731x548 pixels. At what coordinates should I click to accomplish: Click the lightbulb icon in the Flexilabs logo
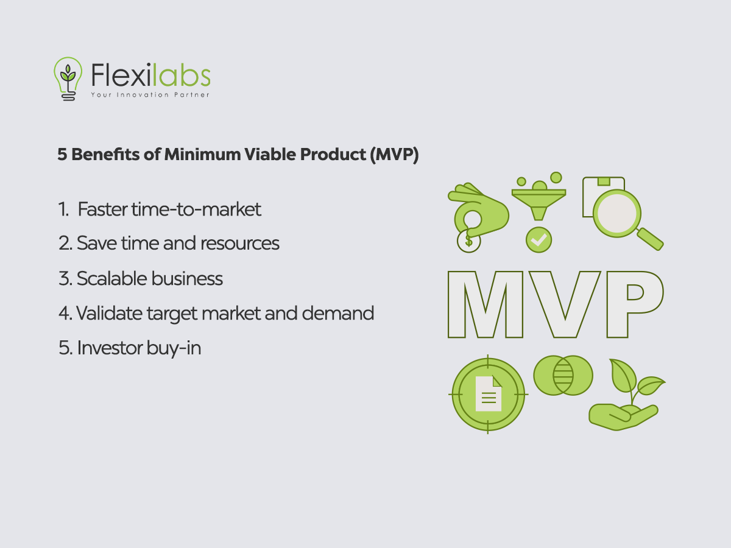tap(68, 79)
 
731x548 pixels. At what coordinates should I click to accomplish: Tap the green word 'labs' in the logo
tap(181, 75)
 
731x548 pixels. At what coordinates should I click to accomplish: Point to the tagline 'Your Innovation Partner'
tap(150, 95)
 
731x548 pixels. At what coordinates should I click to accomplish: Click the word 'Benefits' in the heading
tap(105, 155)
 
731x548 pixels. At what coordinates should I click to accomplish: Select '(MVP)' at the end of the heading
tap(394, 155)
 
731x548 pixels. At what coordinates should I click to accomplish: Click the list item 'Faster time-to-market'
tap(169, 209)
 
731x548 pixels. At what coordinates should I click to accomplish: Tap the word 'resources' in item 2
tap(240, 243)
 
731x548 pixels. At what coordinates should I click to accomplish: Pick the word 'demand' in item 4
tap(337, 313)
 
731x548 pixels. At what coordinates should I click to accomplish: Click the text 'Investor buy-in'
tap(139, 348)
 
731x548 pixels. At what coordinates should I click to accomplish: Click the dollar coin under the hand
tap(468, 241)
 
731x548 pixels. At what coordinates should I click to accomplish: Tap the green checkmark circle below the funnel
tap(539, 240)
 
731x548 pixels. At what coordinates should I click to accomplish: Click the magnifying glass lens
tap(616, 213)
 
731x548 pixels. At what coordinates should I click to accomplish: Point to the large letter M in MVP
tap(486, 304)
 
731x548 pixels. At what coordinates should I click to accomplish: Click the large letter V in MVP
tap(565, 304)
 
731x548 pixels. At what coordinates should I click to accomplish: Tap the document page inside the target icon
tap(488, 394)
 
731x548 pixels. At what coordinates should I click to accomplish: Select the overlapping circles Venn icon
tap(563, 375)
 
